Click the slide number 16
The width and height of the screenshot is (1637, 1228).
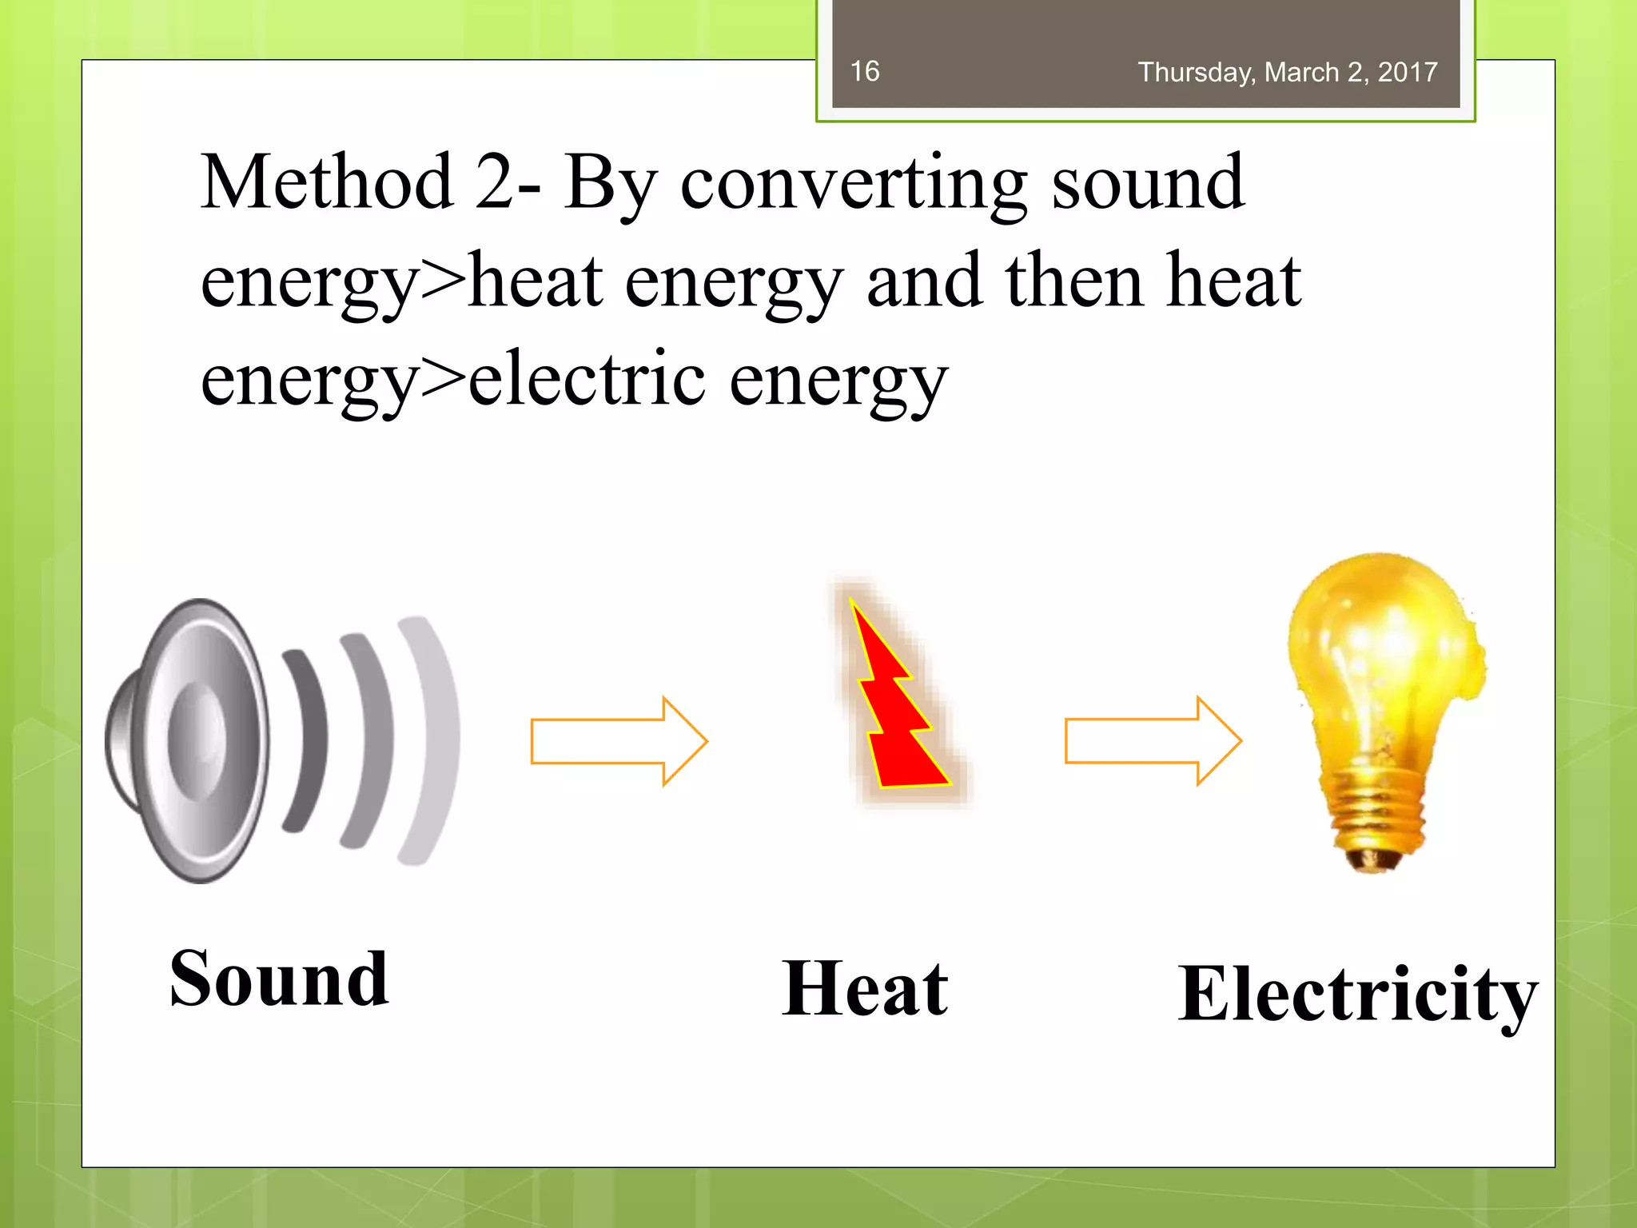pos(864,71)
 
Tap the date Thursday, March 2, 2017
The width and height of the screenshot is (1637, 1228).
pos(1287,73)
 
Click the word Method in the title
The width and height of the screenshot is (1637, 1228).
pos(327,183)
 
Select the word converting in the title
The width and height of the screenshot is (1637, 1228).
pos(853,185)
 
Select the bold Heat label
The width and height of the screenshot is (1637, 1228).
pos(865,990)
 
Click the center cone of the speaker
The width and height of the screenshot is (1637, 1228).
pos(197,740)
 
